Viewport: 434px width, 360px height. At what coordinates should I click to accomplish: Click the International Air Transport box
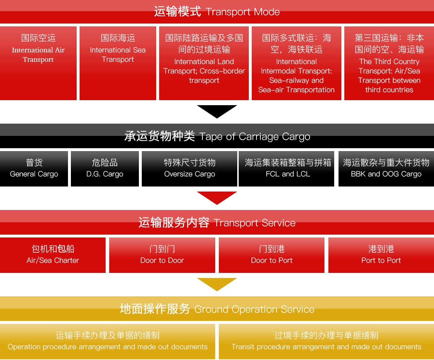(38, 63)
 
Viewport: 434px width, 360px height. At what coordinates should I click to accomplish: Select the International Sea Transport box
(118, 63)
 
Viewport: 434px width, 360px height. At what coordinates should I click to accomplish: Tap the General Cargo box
(34, 169)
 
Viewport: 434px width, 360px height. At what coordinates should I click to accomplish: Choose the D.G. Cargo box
(105, 169)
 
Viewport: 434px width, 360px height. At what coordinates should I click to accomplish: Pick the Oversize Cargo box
(190, 169)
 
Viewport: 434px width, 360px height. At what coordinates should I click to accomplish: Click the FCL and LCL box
(288, 169)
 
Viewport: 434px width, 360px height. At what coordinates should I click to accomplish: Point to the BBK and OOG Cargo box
(386, 169)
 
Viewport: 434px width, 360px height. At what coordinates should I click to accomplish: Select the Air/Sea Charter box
(53, 255)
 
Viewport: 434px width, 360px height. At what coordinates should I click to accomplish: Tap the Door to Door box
(162, 255)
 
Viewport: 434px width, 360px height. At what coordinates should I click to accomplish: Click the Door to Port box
(272, 255)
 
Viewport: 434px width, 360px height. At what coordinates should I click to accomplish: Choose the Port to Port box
(381, 255)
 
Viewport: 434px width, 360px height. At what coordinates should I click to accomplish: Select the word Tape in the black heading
(210, 137)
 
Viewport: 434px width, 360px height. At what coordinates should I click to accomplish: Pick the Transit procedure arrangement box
(326, 341)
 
